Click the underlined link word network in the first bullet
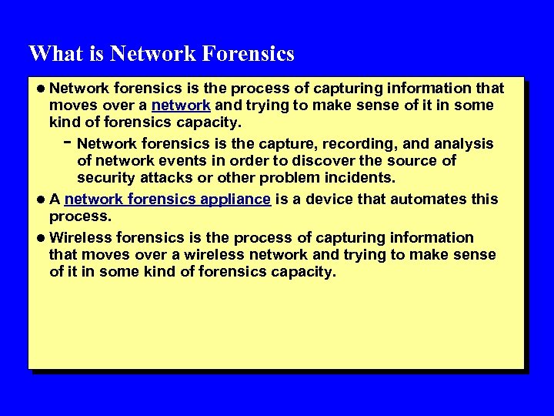182,106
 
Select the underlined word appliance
235,200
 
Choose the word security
105,179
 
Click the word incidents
362,179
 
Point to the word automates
429,200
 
